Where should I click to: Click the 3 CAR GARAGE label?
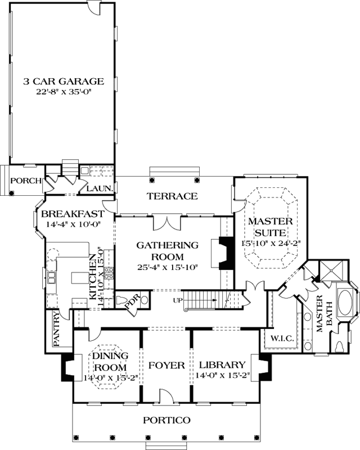(x=64, y=80)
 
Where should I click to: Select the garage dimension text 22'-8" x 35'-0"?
(x=64, y=91)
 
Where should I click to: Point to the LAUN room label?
(x=99, y=188)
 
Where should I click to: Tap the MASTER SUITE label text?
(x=268, y=226)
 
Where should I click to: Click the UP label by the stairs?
(x=178, y=300)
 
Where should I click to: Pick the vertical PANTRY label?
(x=56, y=329)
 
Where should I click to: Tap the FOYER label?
(x=166, y=366)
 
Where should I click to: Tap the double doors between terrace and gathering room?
(x=166, y=222)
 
